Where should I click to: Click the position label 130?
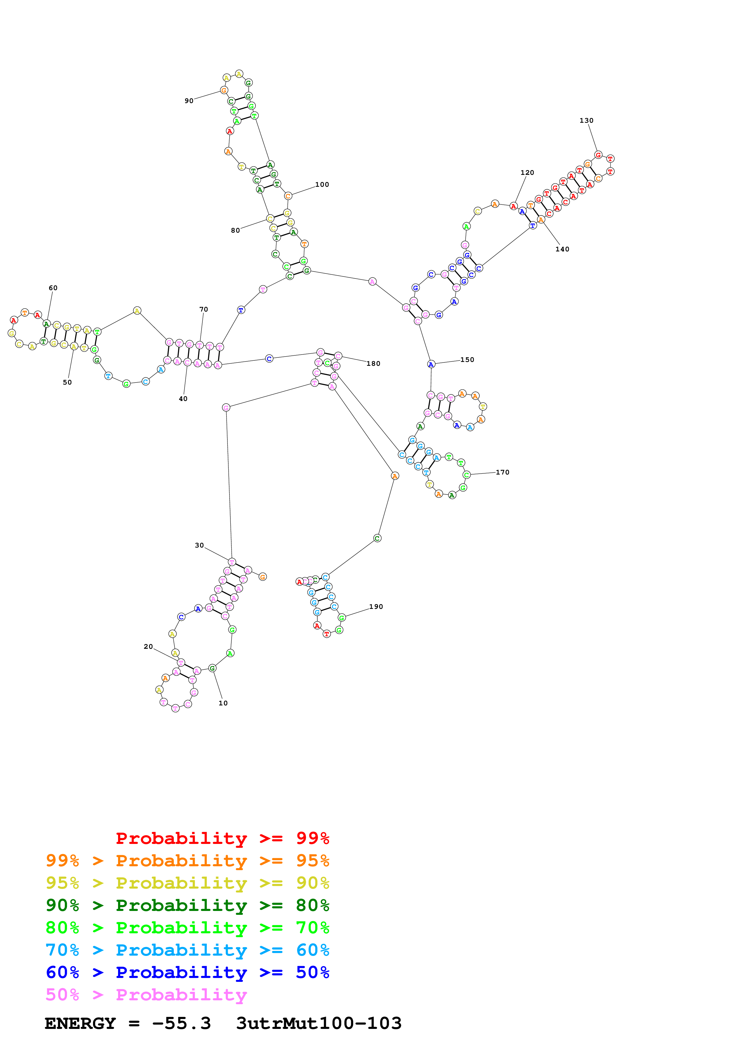pyautogui.click(x=586, y=121)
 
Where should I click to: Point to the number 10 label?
pyautogui.click(x=223, y=703)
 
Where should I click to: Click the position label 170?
pyautogui.click(x=502, y=472)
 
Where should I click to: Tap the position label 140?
pyautogui.click(x=562, y=249)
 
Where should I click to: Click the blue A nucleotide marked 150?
pyautogui.click(x=431, y=364)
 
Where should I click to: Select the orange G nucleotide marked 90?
pyautogui.click(x=224, y=91)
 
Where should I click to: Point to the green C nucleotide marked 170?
pyautogui.click(x=466, y=475)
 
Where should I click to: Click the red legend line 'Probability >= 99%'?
pyautogui.click(x=222, y=838)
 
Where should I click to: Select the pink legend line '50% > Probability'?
pyautogui.click(x=146, y=995)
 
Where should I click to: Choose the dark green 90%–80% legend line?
pyautogui.click(x=187, y=905)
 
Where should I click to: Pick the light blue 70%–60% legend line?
pyautogui.click(x=187, y=950)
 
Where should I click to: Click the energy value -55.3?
pyautogui.click(x=181, y=1024)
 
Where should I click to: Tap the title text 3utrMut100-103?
pyautogui.click(x=319, y=1024)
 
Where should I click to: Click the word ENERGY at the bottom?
pyautogui.click(x=80, y=1024)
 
